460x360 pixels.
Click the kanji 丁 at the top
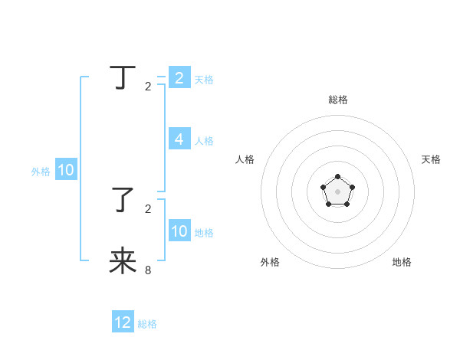123,77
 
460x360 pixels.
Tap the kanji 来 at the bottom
123,260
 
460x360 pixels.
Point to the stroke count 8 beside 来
148,270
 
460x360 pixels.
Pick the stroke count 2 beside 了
148,208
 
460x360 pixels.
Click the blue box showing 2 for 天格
179,77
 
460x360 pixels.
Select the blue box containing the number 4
179,139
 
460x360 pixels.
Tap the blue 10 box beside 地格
179,231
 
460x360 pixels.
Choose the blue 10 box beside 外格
65,170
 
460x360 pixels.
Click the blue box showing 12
123,322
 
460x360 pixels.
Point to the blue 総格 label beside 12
147,324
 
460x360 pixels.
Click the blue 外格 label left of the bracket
41,172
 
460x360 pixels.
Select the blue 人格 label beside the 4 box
204,141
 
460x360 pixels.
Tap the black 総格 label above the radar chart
337,100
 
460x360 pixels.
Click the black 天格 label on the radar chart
432,159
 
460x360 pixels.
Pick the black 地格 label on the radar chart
402,262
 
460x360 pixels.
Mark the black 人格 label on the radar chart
245,159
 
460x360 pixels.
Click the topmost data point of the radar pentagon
337,177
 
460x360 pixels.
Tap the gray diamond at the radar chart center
337,192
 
